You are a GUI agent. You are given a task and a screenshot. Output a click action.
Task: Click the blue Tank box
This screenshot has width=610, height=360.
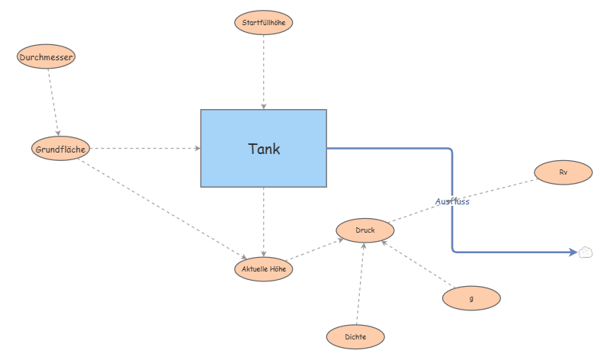(264, 149)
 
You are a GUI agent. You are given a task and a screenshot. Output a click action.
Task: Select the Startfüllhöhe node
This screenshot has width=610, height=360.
(263, 22)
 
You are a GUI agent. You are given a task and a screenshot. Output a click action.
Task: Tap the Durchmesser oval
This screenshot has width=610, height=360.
(47, 56)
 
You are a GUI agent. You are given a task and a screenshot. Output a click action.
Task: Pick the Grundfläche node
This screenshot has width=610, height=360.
(61, 149)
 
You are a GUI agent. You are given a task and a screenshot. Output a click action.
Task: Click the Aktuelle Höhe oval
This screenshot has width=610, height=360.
(263, 268)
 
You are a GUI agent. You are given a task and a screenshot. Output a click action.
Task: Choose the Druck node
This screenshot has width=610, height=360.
(365, 230)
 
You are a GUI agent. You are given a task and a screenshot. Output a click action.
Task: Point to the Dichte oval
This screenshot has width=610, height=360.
(355, 336)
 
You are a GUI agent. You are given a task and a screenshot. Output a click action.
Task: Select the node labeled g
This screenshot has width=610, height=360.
(471, 298)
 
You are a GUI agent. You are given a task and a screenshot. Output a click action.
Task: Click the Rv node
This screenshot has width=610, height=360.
(563, 172)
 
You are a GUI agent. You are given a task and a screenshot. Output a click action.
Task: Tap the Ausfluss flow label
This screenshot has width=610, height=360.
(452, 202)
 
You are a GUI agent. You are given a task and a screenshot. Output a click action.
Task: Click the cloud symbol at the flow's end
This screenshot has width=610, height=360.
(586, 252)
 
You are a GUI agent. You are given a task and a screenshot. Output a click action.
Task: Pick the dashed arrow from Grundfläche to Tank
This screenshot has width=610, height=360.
(145, 149)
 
